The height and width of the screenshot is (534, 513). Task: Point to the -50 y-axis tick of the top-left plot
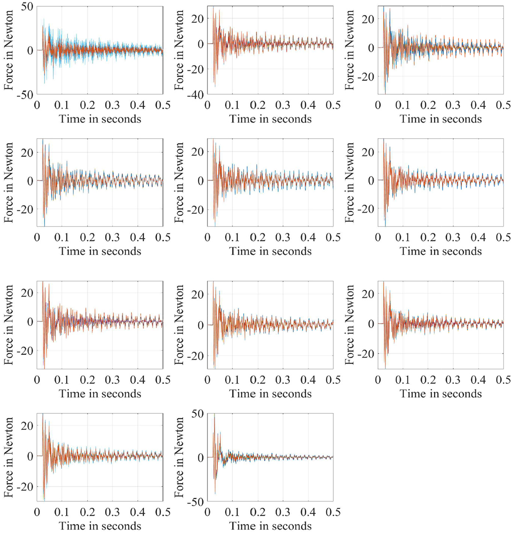25,95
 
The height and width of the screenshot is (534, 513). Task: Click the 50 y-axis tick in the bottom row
197,413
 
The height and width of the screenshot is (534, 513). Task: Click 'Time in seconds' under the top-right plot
441,119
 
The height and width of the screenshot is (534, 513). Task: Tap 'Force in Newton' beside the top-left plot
9,50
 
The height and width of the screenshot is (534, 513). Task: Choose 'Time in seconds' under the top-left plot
100,119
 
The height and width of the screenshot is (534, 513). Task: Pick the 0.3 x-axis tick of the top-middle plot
283,105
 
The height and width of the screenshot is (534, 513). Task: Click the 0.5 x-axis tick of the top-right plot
503,105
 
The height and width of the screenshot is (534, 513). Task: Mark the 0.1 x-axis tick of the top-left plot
62,105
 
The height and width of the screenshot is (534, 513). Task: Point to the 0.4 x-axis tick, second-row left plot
138,237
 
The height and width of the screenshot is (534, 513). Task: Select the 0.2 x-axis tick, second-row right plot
428,237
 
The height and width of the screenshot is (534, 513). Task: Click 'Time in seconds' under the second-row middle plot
270,251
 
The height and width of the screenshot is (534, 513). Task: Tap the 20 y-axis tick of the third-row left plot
27,293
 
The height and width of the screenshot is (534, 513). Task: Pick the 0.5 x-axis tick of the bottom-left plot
163,512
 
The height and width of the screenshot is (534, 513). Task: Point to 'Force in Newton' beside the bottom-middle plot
179,457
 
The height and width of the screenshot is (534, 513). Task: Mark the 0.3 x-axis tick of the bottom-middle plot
283,512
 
